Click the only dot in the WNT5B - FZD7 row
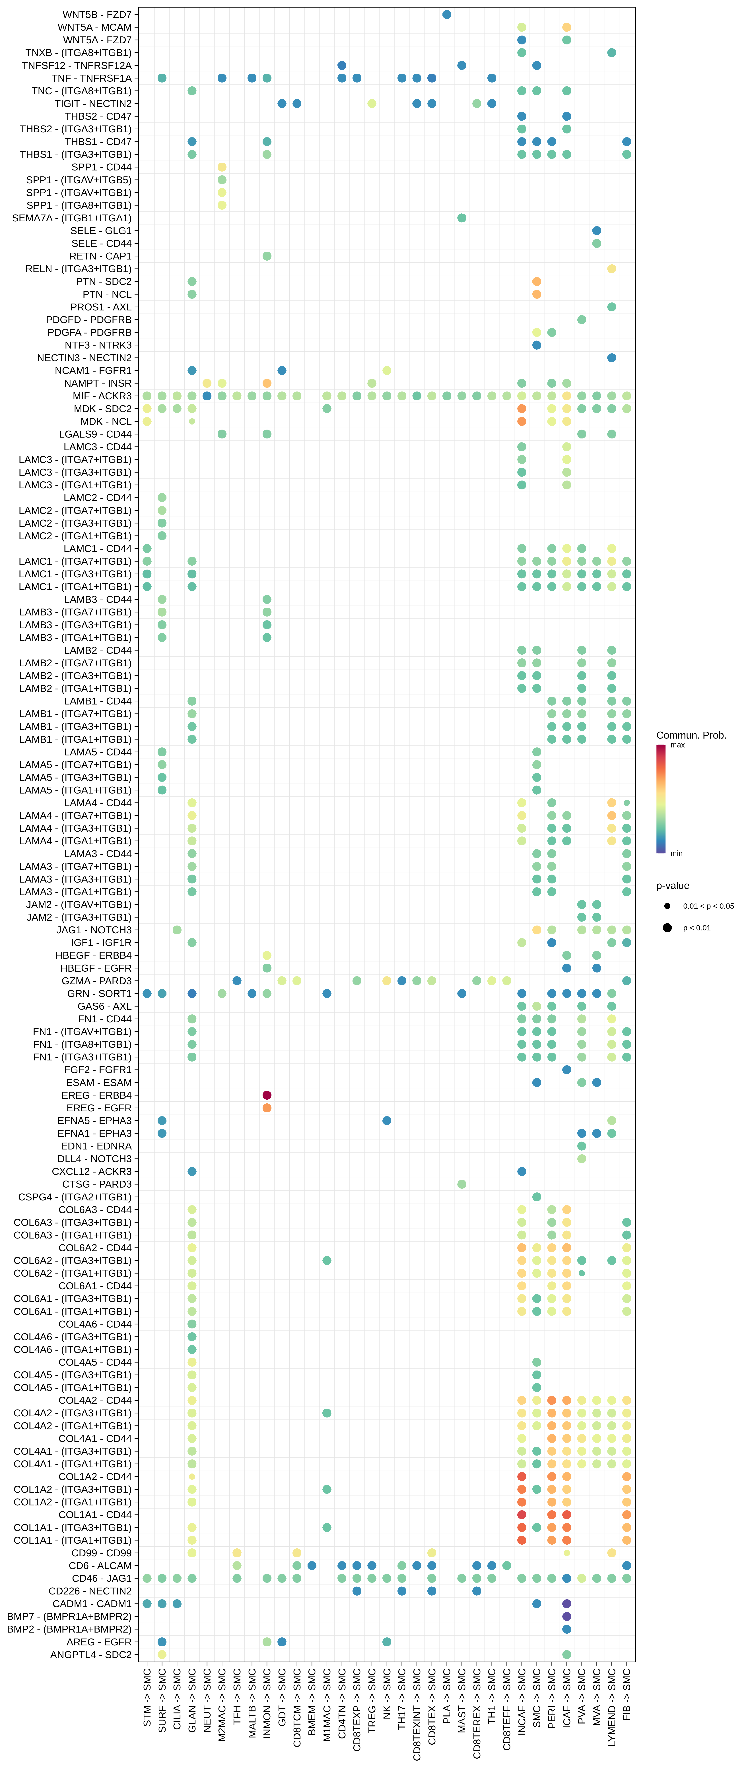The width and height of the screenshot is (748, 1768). [x=447, y=14]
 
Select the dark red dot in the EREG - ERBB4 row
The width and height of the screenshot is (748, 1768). [x=267, y=1095]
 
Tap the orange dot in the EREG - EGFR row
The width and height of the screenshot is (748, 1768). [x=267, y=1108]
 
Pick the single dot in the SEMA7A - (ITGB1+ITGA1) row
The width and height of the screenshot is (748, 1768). [x=462, y=218]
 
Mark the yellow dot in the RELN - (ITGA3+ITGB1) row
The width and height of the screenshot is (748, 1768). [x=611, y=269]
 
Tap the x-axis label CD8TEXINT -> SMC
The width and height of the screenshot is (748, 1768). [x=417, y=1716]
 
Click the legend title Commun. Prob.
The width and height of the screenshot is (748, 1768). [x=691, y=735]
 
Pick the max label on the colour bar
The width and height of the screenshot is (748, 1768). [x=677, y=745]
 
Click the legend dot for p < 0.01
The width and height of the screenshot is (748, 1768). [x=667, y=928]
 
